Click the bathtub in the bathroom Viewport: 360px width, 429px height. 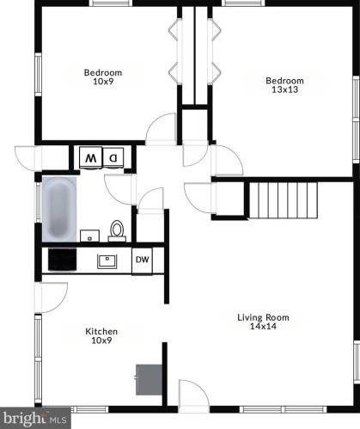pyautogui.click(x=59, y=209)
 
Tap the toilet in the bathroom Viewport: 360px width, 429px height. pyautogui.click(x=117, y=231)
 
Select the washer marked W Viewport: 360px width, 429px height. pyautogui.click(x=90, y=157)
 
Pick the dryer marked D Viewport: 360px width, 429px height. pyautogui.click(x=113, y=157)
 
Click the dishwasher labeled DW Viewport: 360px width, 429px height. pyautogui.click(x=142, y=260)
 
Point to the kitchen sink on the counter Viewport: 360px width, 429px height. pyautogui.click(x=107, y=261)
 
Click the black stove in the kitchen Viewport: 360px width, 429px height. pyautogui.click(x=63, y=260)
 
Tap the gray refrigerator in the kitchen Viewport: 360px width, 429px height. pyautogui.click(x=149, y=380)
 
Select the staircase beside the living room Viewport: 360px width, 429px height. pyautogui.click(x=284, y=200)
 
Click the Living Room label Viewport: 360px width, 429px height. pyautogui.click(x=263, y=317)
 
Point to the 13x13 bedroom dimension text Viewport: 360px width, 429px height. pyautogui.click(x=284, y=89)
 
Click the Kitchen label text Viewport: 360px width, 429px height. pyautogui.click(x=101, y=332)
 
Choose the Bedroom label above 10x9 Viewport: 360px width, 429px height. pyautogui.click(x=103, y=72)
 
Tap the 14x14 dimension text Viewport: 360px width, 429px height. pyautogui.click(x=263, y=326)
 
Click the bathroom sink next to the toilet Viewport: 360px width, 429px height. pyautogui.click(x=89, y=236)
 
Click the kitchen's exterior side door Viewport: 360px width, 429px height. pyautogui.click(x=51, y=297)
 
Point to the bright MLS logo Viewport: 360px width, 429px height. pyautogui.click(x=35, y=419)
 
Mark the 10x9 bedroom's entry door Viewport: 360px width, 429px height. pyautogui.click(x=161, y=129)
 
